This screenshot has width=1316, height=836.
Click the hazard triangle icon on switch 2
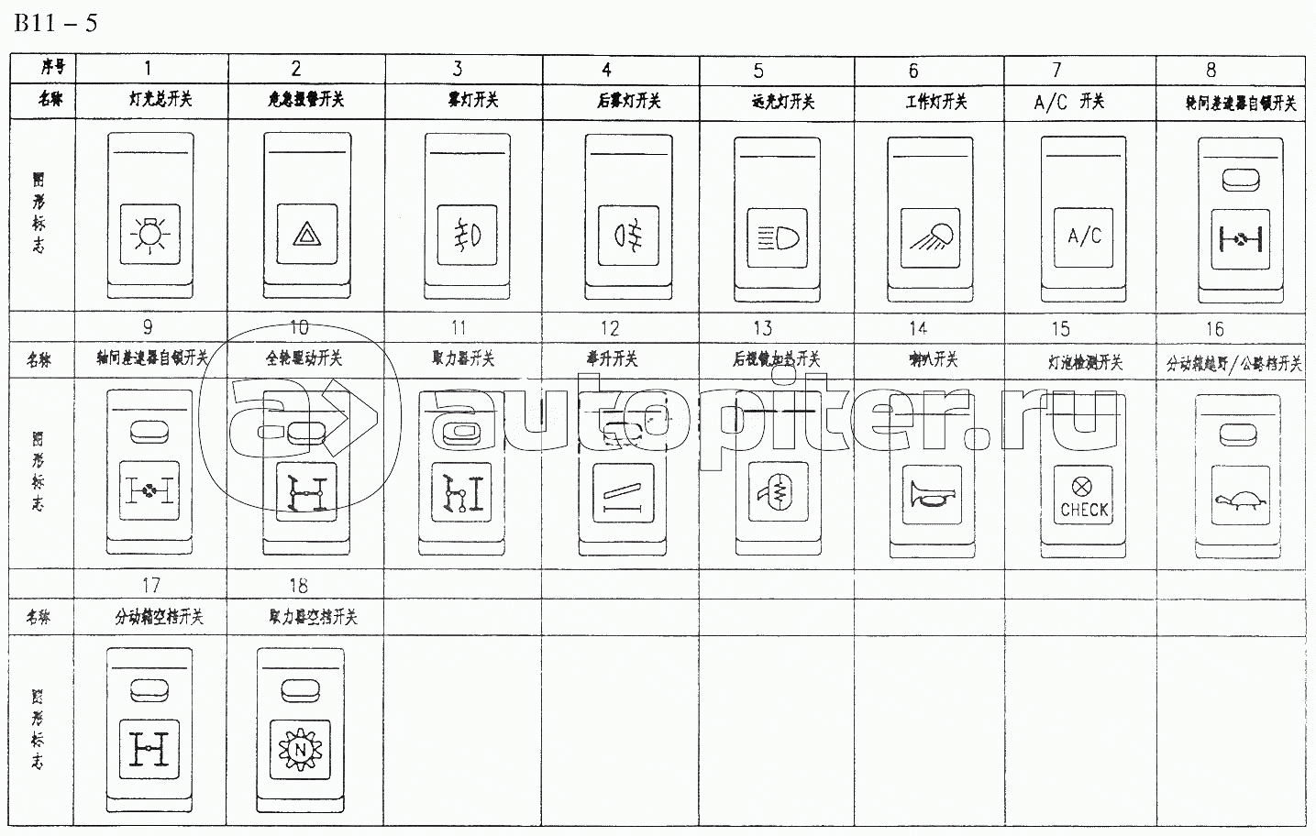coord(304,236)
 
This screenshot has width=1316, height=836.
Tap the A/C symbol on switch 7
coord(1084,236)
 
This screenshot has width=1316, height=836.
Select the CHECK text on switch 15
coord(1084,510)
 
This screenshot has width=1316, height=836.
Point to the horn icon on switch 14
coord(931,496)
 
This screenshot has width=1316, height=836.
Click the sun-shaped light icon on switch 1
coord(149,236)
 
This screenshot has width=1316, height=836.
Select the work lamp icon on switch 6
coord(930,236)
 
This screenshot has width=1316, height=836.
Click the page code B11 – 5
coord(55,22)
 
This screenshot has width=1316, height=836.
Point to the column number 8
coord(1211,70)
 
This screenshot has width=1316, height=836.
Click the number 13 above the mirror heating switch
coord(762,328)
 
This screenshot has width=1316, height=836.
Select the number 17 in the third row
coord(151,585)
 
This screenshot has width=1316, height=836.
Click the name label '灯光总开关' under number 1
coord(160,99)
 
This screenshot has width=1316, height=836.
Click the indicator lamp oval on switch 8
coord(1239,181)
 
